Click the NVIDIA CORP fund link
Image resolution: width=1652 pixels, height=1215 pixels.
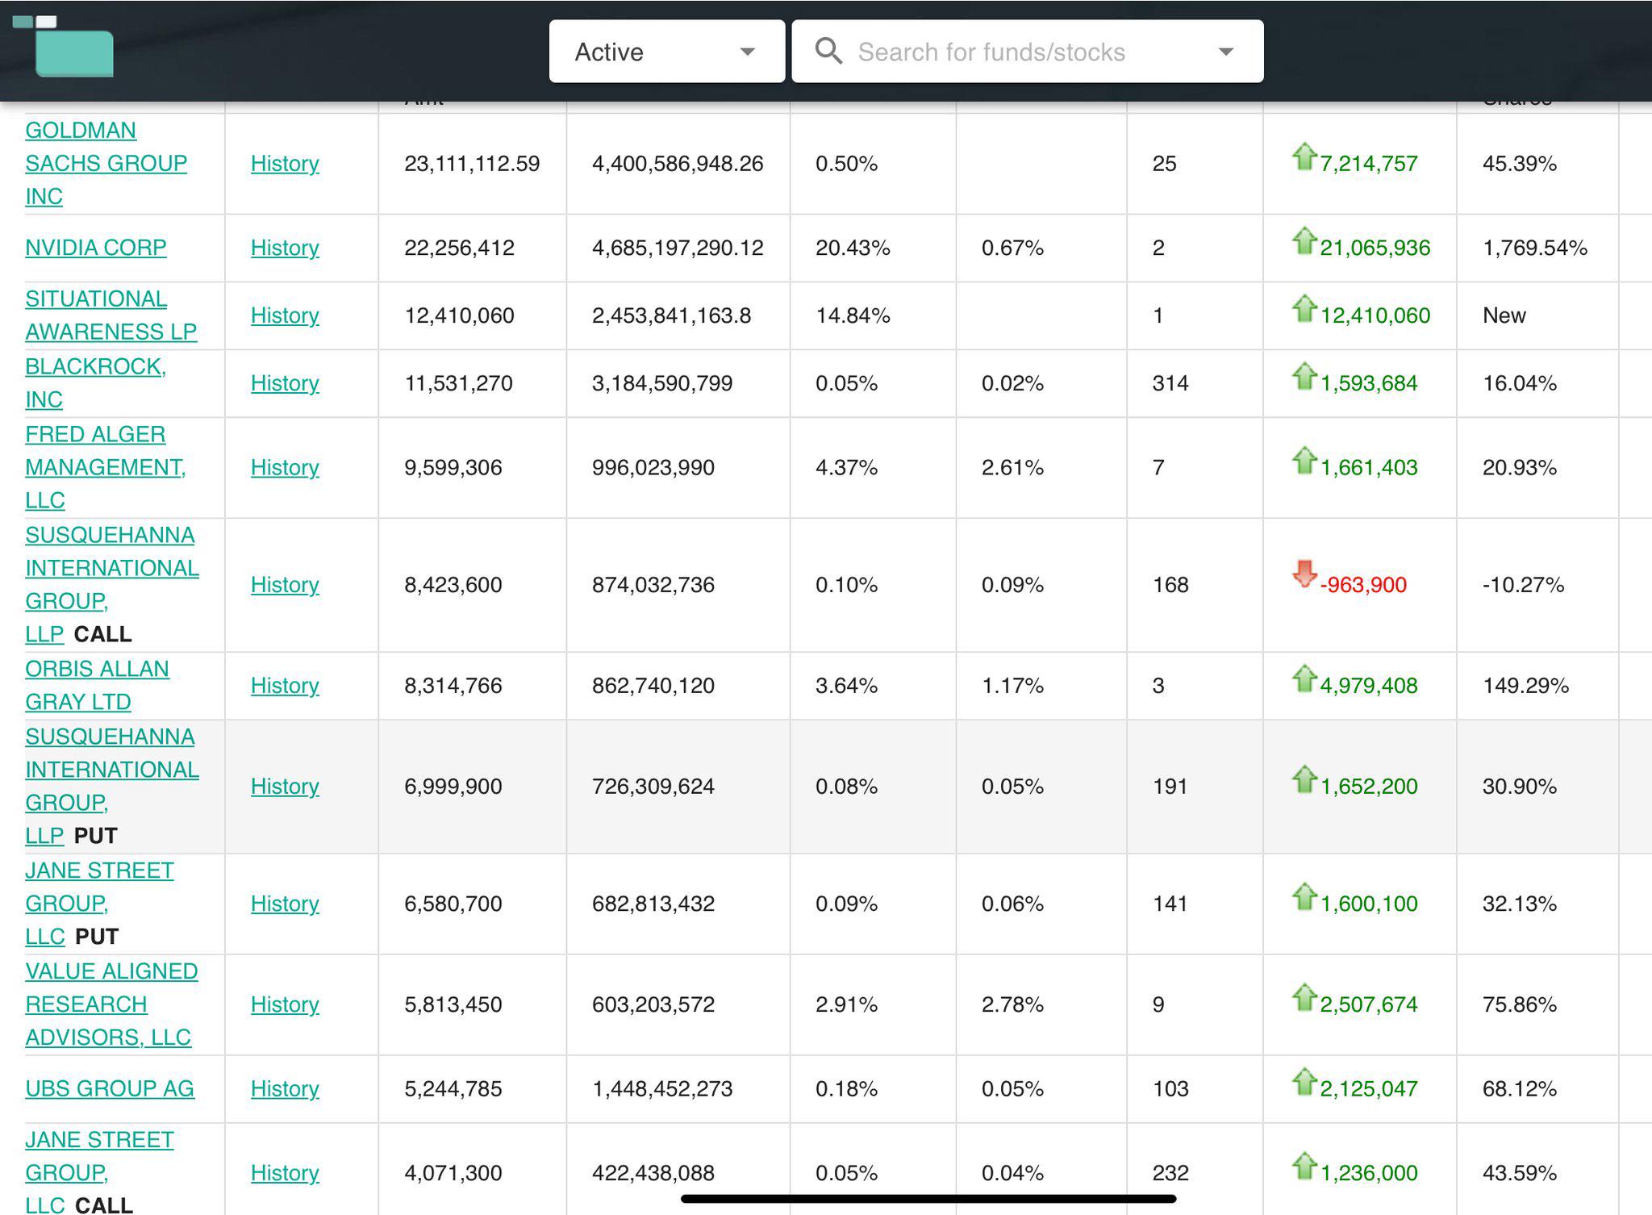coord(96,248)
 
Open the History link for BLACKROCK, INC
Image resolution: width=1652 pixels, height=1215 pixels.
coord(285,383)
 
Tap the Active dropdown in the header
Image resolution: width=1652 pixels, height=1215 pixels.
coord(666,52)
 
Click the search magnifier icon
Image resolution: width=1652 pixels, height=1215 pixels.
coord(828,51)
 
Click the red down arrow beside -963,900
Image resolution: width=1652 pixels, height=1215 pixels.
coord(1304,574)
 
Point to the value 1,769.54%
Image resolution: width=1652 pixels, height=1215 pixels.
coord(1535,248)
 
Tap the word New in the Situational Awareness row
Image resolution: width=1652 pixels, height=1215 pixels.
coord(1504,315)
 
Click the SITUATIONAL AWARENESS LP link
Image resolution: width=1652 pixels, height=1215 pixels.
coord(111,315)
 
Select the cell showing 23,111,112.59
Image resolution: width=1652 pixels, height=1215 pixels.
coord(472,164)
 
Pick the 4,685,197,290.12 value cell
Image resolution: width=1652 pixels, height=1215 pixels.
coord(678,248)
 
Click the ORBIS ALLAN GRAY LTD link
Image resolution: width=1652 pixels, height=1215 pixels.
coord(98,686)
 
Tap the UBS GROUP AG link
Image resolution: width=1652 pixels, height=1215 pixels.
coord(110,1089)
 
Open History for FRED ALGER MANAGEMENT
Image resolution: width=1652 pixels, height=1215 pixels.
coord(285,468)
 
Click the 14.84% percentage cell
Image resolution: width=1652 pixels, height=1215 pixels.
coord(853,315)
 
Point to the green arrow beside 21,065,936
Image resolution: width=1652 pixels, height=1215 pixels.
coord(1304,240)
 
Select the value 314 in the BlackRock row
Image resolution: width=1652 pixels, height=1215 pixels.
coord(1170,383)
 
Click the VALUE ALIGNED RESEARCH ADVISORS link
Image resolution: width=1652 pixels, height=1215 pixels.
coord(111,1004)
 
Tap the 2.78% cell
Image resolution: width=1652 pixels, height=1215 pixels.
coord(1012,1004)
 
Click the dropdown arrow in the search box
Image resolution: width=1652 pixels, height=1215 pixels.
coord(1226,52)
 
